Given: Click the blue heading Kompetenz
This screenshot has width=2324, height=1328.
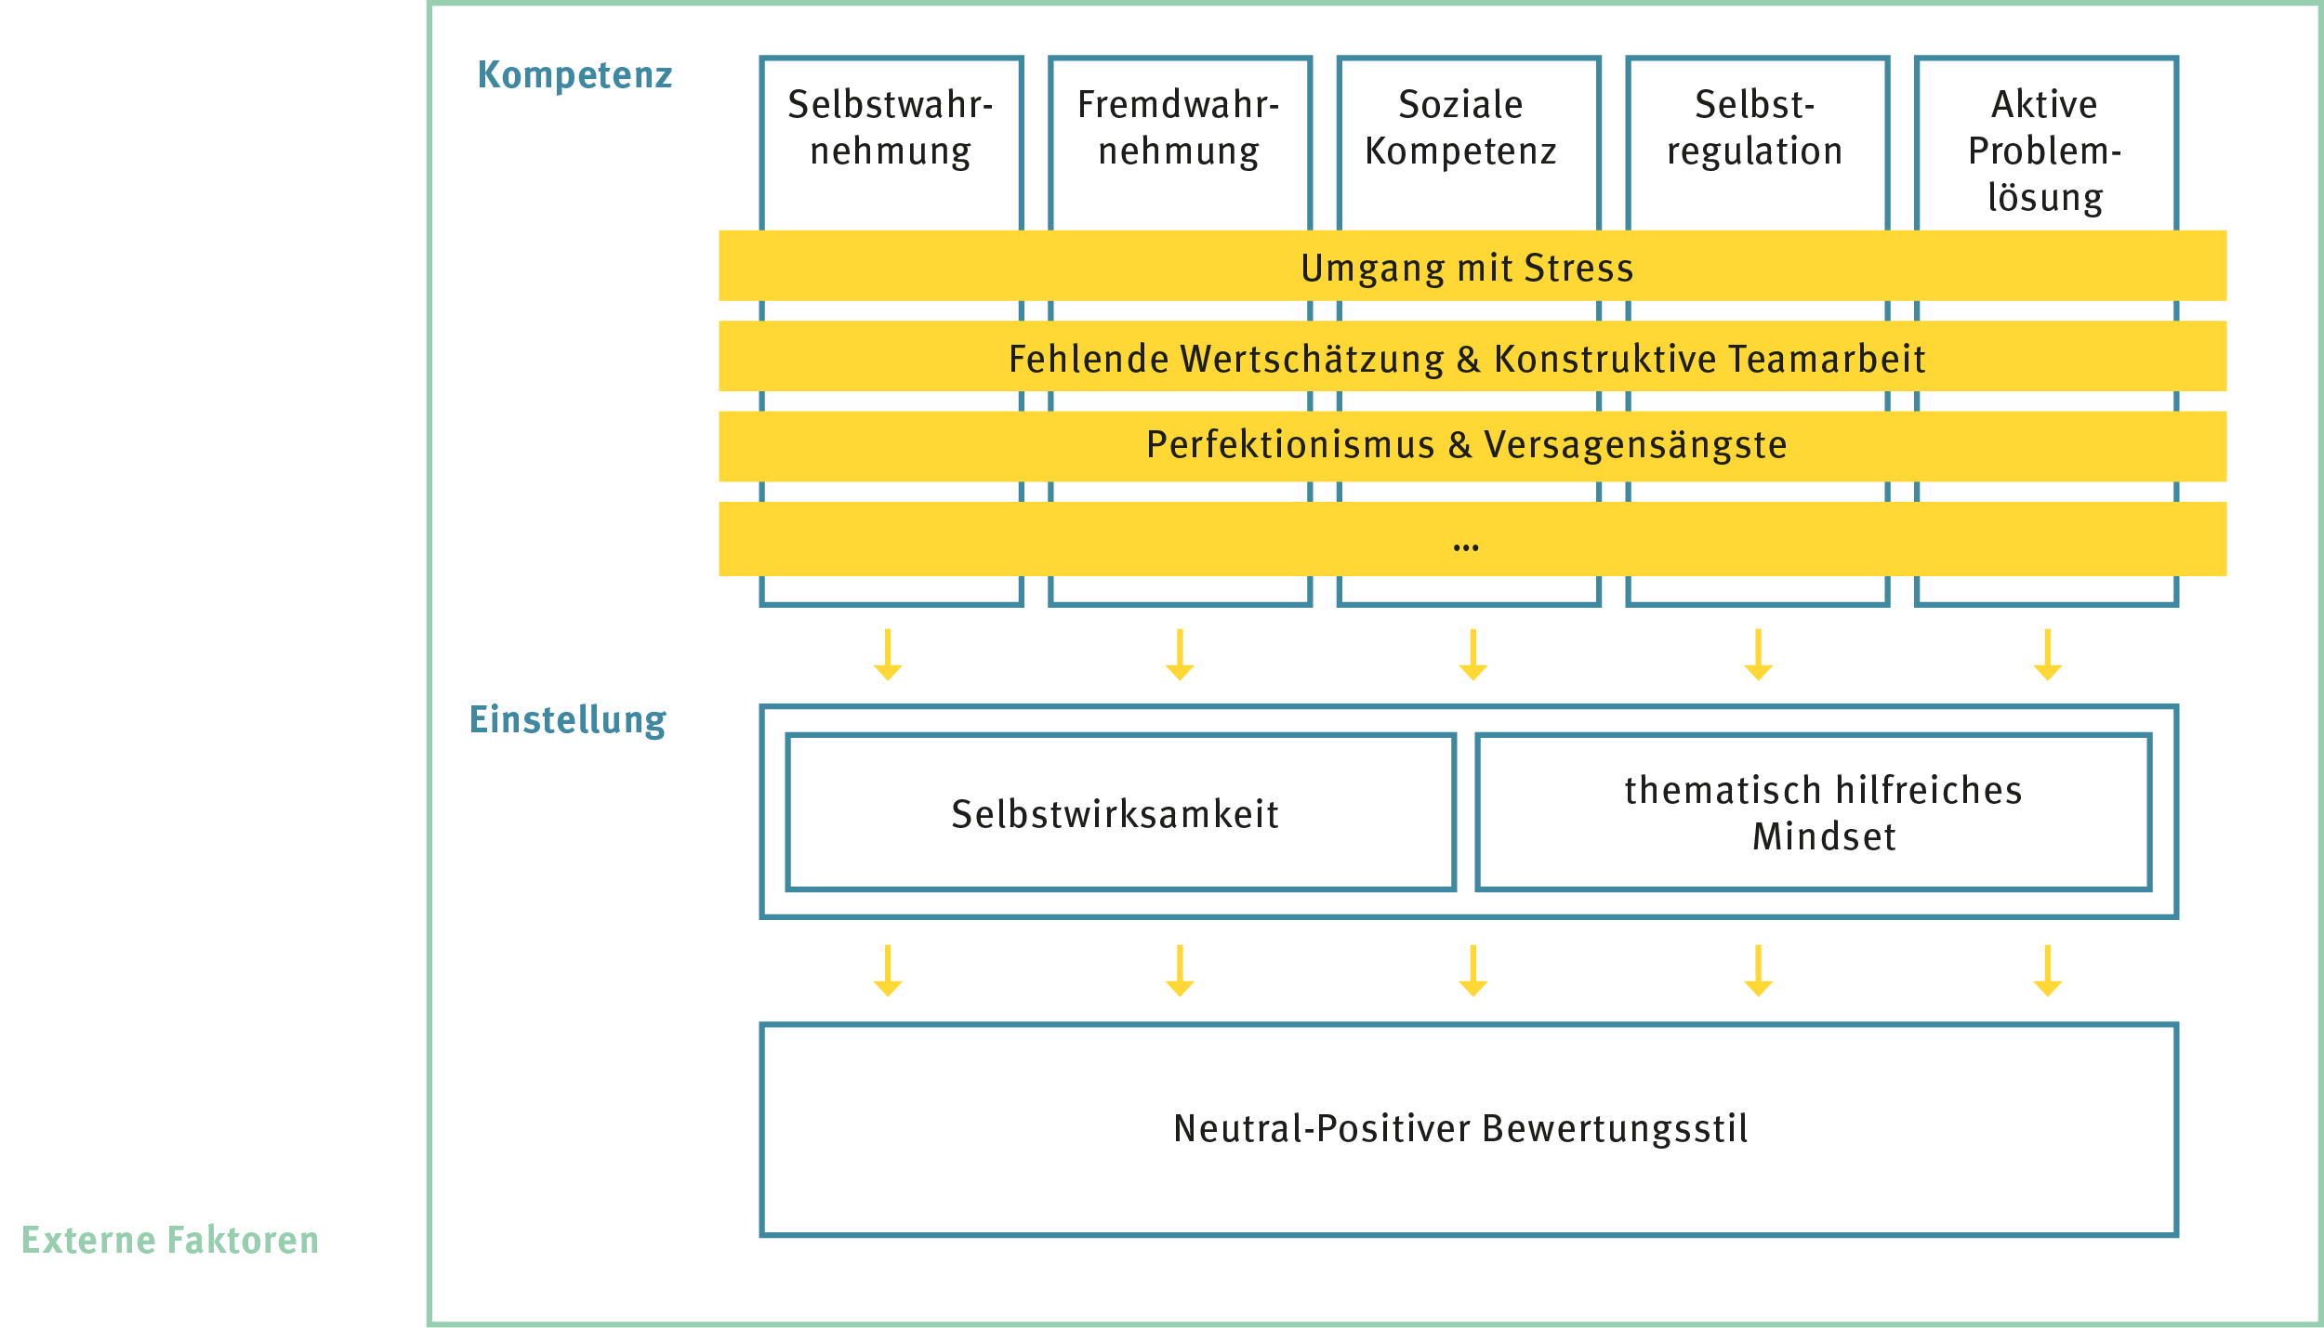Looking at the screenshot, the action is click(574, 75).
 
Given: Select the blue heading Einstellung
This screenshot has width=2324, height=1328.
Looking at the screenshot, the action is click(568, 720).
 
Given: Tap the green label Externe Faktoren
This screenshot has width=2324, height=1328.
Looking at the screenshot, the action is click(170, 1241).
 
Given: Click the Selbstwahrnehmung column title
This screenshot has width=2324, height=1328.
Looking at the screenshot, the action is click(891, 128).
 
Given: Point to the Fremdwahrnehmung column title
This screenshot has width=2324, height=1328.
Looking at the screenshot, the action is click(1179, 128).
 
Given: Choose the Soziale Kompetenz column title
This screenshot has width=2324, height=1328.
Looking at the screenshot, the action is click(1460, 127).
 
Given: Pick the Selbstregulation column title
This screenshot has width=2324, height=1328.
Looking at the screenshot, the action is click(1755, 128).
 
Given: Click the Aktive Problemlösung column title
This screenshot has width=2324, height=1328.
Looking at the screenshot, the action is click(2045, 151).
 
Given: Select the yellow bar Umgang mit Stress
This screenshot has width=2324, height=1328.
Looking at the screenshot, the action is click(1472, 266).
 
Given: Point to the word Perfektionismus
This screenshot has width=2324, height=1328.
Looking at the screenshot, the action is click(1290, 444).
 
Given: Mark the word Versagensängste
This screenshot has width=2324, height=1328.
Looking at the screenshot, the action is click(1635, 445).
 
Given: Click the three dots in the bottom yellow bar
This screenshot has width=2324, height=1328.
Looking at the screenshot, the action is click(1466, 548).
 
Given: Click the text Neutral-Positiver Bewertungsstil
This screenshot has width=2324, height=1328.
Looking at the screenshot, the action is click(1460, 1128).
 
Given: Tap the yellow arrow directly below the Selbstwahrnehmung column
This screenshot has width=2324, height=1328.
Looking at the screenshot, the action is click(888, 655).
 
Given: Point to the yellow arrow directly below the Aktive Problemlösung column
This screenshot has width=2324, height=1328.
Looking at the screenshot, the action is click(2048, 655).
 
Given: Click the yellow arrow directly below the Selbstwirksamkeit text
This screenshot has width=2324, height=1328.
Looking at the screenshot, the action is click(1180, 971).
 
